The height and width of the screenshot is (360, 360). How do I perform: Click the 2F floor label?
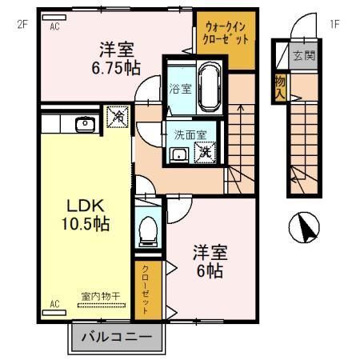tap(22, 23)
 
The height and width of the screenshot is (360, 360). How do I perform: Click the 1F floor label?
tap(334, 23)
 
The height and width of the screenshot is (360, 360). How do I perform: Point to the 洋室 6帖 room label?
tap(210, 262)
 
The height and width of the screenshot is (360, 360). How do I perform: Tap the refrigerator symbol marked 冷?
tap(118, 118)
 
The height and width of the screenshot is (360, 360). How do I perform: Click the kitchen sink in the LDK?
tap(82, 124)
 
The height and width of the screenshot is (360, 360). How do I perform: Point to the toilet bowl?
tap(147, 230)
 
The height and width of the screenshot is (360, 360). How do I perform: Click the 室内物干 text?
tap(100, 296)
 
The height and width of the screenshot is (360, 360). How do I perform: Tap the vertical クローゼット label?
tap(148, 290)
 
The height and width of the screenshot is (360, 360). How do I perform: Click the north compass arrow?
tap(306, 228)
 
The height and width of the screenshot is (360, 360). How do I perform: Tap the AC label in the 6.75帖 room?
tap(56, 26)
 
